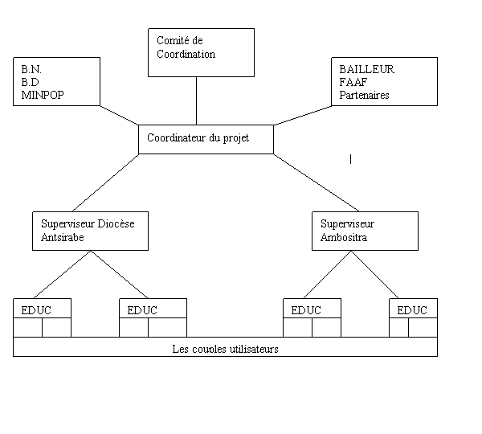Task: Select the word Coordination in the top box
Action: pyautogui.click(x=186, y=54)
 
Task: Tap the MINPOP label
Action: pyautogui.click(x=43, y=95)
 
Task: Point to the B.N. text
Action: pyautogui.click(x=31, y=69)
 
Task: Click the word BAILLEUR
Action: pyautogui.click(x=367, y=69)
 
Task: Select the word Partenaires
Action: pyautogui.click(x=364, y=95)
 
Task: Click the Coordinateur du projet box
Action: pyautogui.click(x=206, y=139)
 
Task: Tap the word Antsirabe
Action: pyautogui.click(x=63, y=237)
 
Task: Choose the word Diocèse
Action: pyautogui.click(x=116, y=223)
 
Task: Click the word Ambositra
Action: pyautogui.click(x=344, y=237)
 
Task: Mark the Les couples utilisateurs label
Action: pyautogui.click(x=225, y=349)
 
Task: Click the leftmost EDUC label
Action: pyautogui.click(x=36, y=310)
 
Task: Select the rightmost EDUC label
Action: pyautogui.click(x=412, y=310)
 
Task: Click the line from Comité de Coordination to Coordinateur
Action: pyautogui.click(x=197, y=101)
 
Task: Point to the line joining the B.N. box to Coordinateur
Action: pyautogui.click(x=119, y=116)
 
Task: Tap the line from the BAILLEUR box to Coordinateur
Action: pyautogui.click(x=303, y=116)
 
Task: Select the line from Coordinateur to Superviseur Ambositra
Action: pyautogui.click(x=317, y=182)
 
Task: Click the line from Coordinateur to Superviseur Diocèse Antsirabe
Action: pyautogui.click(x=105, y=182)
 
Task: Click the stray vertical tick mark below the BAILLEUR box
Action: pyautogui.click(x=350, y=159)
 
